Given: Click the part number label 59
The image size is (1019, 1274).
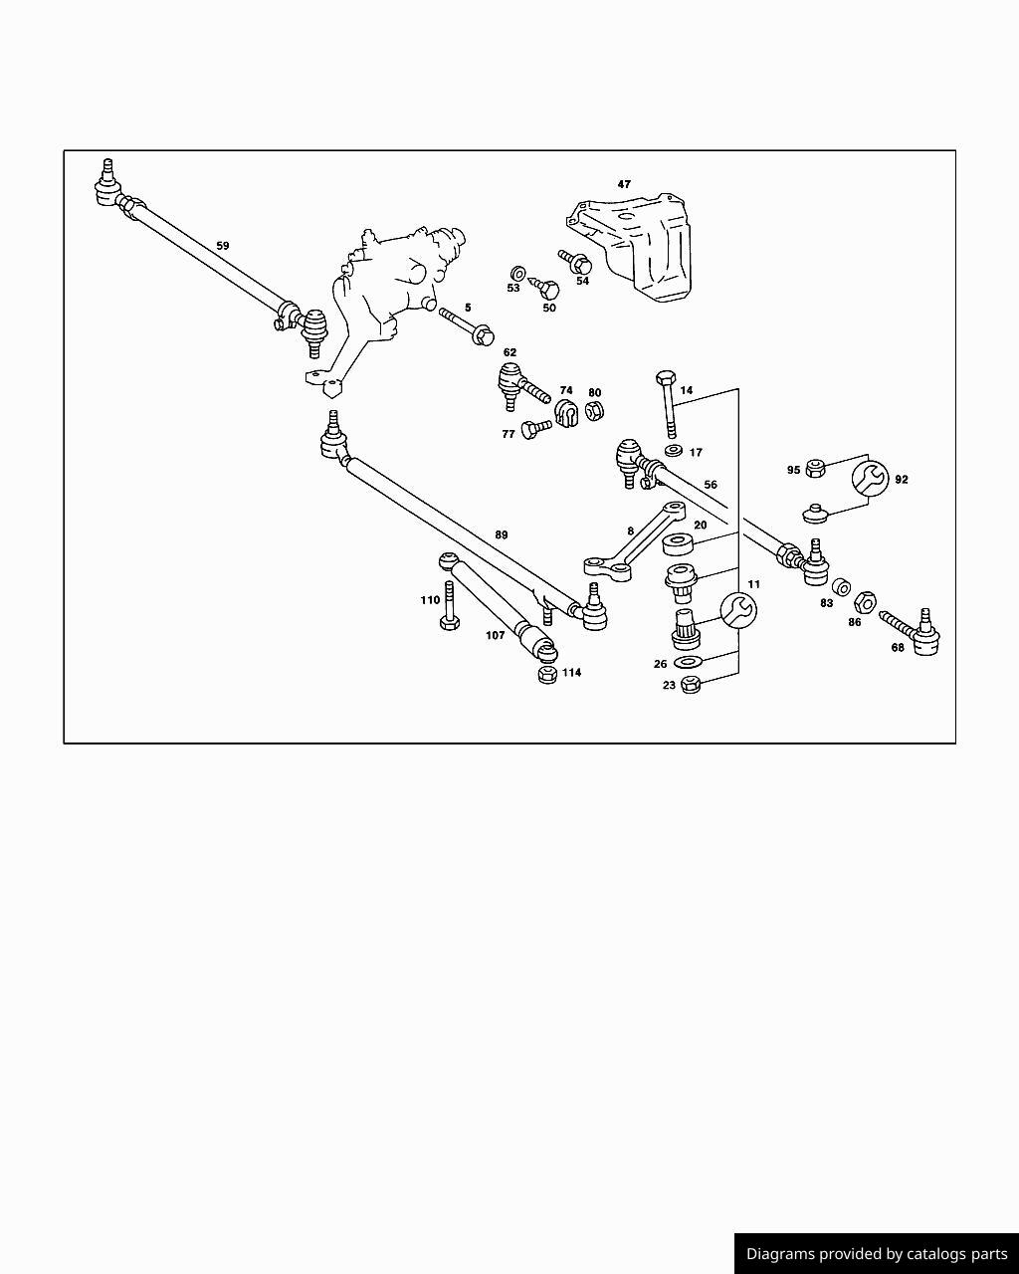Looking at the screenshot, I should coord(222,245).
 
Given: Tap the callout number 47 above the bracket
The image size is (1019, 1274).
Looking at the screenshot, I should coord(624,184).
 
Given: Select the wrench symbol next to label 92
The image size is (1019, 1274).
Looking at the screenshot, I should coord(870,479).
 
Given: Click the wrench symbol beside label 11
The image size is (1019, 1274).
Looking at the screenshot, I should coord(737,609).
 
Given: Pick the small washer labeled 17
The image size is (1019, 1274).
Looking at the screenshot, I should coord(673,451).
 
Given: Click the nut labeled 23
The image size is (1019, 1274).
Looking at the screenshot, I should coord(693,684).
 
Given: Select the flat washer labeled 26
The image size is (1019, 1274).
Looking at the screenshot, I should coord(688,663).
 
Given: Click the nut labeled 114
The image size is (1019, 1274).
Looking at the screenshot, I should coord(546,674).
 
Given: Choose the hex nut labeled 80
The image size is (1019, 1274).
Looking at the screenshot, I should coord(594,410).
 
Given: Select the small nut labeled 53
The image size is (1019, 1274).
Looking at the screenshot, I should coord(517,273).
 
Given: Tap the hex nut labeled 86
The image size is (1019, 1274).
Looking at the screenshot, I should coord(865,602).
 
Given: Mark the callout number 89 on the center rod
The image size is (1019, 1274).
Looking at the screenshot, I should coord(502,534).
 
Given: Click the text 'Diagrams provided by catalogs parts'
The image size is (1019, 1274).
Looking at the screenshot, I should coord(877,1254).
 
